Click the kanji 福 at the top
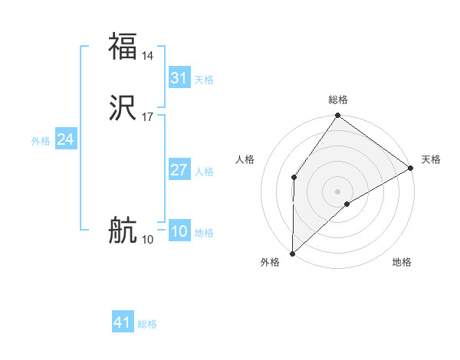(x=123, y=46)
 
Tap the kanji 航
(x=123, y=230)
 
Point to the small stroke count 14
(x=148, y=56)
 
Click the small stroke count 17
(x=148, y=117)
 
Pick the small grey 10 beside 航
(x=147, y=240)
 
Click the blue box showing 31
(x=179, y=78)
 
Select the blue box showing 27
(x=179, y=170)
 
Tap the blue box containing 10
(x=179, y=231)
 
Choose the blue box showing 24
(x=66, y=139)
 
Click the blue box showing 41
(x=123, y=322)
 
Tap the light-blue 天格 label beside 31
(x=204, y=80)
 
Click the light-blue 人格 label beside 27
(x=204, y=172)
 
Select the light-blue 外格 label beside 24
(x=41, y=141)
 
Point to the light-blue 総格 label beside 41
(x=147, y=324)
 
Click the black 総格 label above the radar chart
(x=338, y=100)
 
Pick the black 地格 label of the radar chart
(x=402, y=263)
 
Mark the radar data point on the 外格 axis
(x=292, y=253)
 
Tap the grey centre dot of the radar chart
(x=338, y=191)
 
